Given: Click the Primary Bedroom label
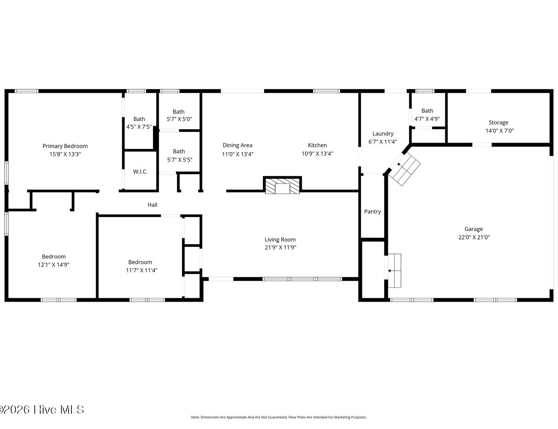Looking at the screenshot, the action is [65, 146].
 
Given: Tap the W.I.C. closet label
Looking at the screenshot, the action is [140, 172].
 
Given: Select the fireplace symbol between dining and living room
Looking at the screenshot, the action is [282, 185].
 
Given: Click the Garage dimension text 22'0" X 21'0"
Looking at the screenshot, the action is [474, 237].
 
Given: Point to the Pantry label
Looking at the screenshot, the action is [372, 212].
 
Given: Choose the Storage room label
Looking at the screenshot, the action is [498, 123].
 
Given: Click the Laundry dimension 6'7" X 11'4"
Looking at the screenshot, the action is [383, 142].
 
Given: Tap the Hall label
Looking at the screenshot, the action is [152, 204].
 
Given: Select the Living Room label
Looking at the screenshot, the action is [280, 239].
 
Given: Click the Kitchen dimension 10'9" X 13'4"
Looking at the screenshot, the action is [317, 153].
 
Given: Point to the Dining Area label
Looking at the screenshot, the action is [237, 145].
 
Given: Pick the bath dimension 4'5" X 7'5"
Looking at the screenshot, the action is [139, 127].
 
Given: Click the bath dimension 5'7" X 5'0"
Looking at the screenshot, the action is [179, 119].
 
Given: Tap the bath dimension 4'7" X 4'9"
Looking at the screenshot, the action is [427, 119].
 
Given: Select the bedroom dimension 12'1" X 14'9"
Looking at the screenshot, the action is [54, 264].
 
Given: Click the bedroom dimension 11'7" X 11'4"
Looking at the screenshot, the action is [141, 270].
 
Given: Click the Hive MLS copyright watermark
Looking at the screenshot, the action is [42, 410].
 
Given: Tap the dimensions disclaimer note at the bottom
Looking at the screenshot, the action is [279, 417].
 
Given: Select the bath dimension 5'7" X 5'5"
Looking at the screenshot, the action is [180, 160].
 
